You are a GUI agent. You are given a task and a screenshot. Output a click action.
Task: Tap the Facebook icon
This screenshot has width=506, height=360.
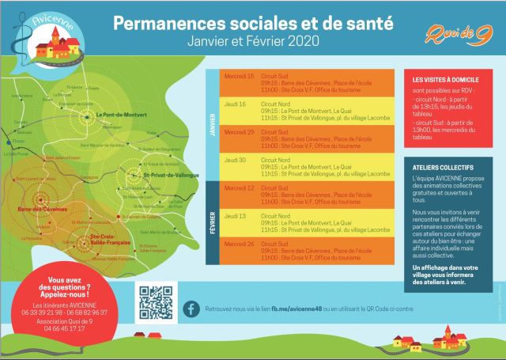[191, 308]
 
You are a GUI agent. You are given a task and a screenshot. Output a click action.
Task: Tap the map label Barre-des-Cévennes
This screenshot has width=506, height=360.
[40, 210]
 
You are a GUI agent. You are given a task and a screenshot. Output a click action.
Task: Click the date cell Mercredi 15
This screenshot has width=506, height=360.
[240, 76]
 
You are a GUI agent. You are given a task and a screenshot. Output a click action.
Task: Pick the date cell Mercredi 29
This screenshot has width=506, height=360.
[240, 131]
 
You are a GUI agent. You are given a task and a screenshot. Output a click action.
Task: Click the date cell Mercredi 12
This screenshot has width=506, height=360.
[240, 188]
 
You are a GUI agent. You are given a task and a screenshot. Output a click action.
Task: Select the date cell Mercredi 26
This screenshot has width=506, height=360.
[240, 243]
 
